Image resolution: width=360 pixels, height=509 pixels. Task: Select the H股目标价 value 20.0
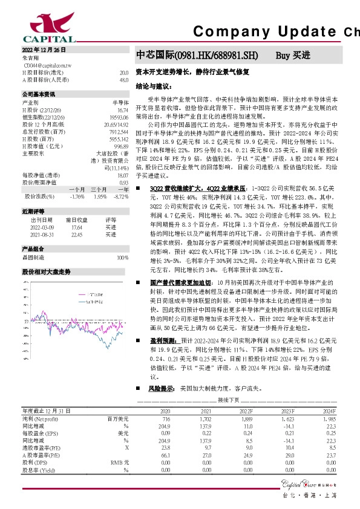123,72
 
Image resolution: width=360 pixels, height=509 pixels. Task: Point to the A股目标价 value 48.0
123,79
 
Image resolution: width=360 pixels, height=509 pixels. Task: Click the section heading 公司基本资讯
39,95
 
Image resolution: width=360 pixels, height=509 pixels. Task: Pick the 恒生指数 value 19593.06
118,116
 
